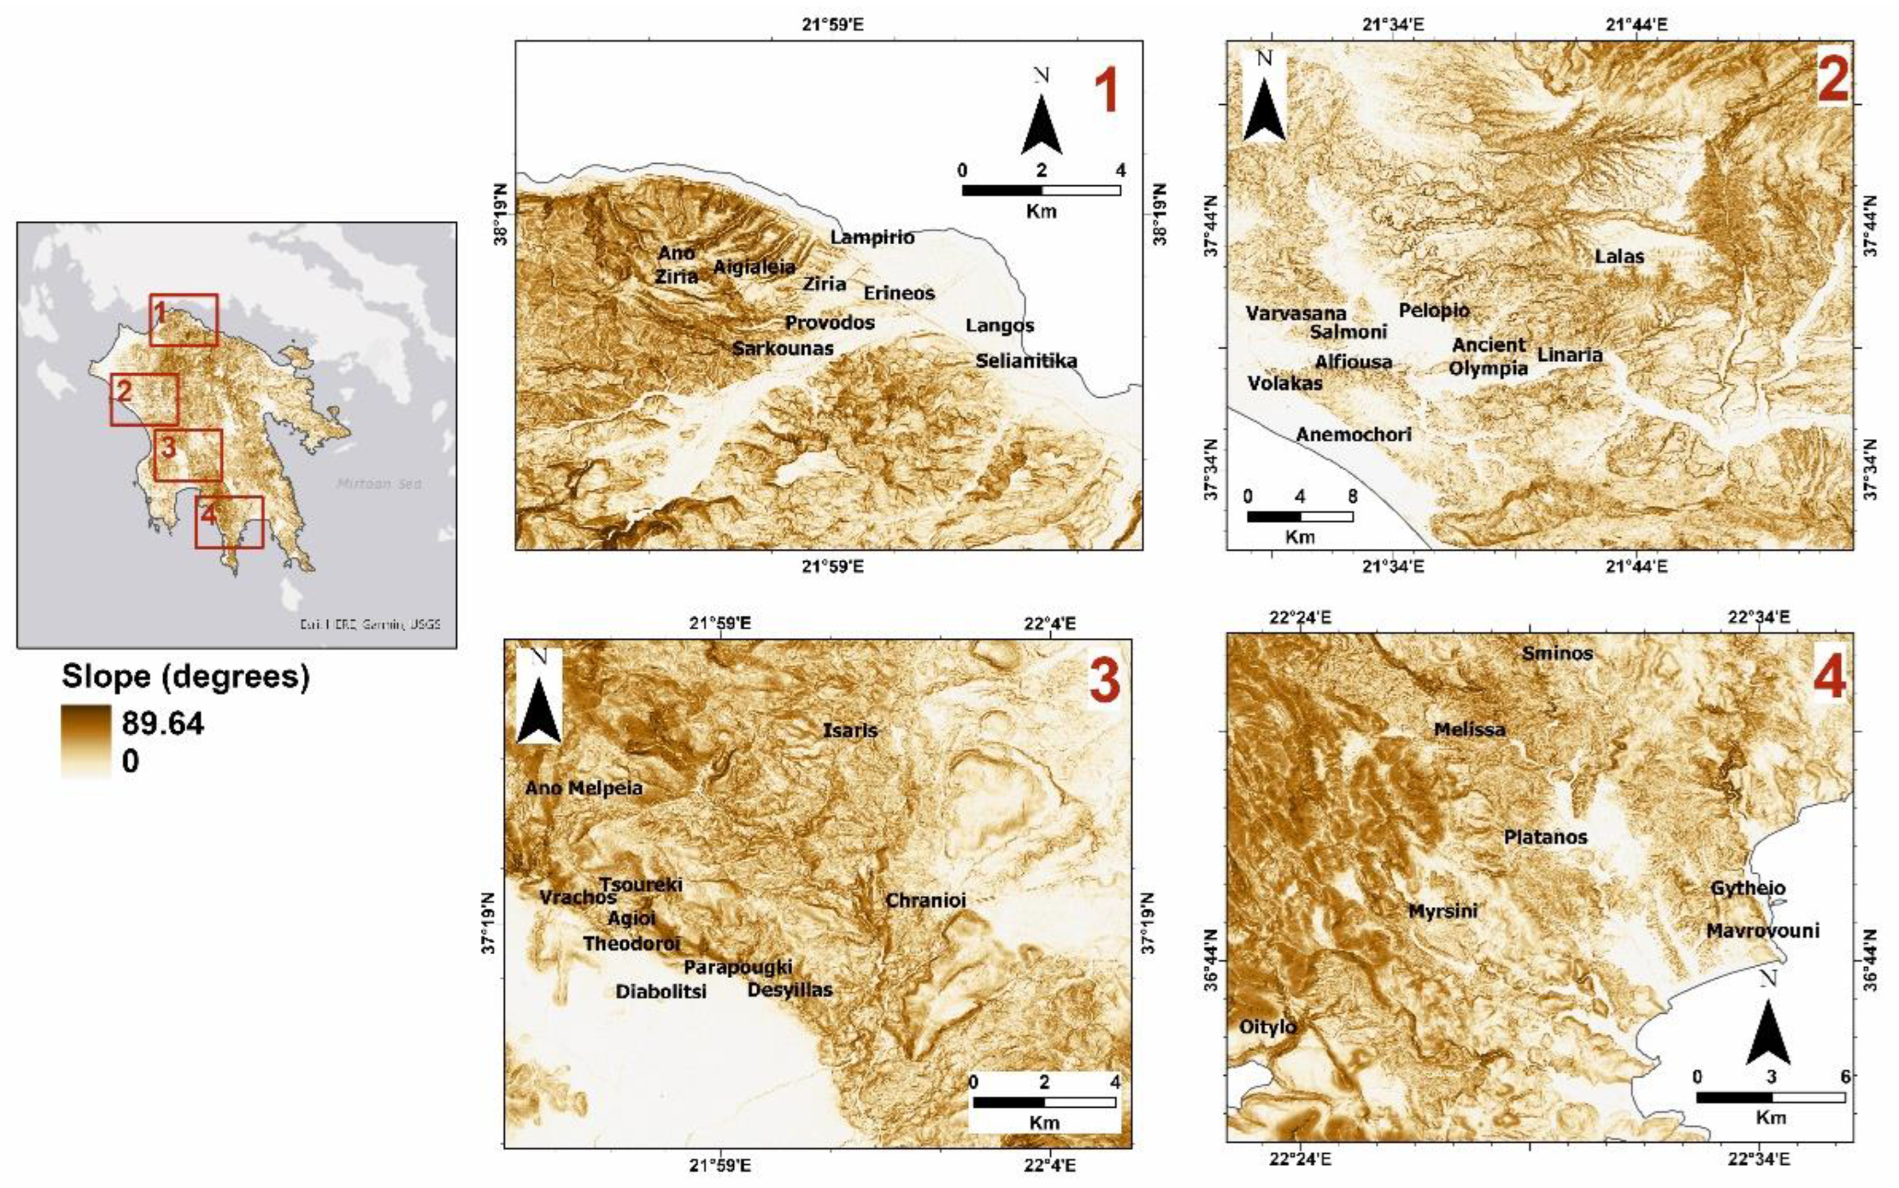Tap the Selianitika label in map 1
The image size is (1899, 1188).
click(1026, 362)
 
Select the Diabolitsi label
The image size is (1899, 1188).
click(660, 992)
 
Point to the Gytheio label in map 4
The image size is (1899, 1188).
click(1748, 888)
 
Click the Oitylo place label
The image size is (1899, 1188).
click(1267, 1027)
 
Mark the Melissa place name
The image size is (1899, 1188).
click(1469, 730)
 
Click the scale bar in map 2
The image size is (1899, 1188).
click(1300, 516)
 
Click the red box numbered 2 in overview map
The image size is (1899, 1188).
click(144, 399)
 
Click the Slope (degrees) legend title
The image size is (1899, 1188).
click(185, 677)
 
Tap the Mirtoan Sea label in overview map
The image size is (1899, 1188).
click(379, 484)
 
